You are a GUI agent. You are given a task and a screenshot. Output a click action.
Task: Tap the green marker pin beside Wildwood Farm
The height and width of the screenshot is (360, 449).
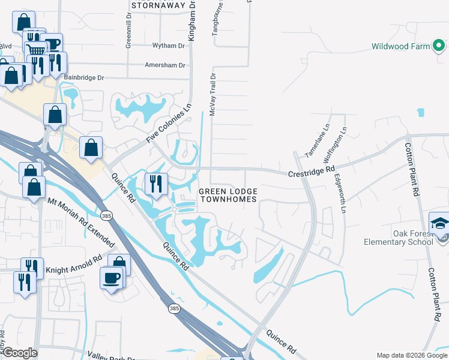[x=439, y=44]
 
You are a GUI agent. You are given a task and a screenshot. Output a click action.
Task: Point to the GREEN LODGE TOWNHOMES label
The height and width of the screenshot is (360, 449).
[x=228, y=195]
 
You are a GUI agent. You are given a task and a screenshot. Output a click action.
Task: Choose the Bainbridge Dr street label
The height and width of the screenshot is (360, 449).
[x=83, y=78]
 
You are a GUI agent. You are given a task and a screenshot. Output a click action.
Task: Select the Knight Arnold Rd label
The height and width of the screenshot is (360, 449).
[x=74, y=264]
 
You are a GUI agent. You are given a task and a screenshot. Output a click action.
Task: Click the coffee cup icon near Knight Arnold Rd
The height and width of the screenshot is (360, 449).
[x=112, y=278]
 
